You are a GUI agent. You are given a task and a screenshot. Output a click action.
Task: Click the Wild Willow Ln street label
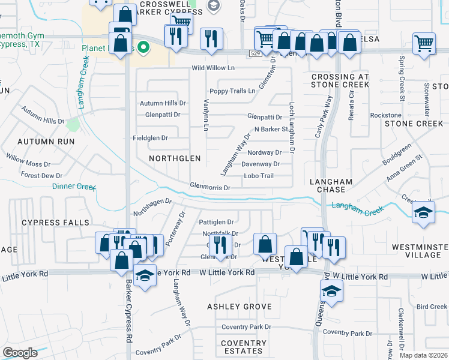(212, 68)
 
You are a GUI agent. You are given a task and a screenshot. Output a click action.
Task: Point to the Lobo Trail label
(259, 176)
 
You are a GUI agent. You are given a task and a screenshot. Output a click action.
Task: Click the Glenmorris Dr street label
(210, 188)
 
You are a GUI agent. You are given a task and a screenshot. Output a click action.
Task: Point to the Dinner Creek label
(74, 187)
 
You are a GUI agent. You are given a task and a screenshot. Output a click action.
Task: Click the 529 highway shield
(255, 53)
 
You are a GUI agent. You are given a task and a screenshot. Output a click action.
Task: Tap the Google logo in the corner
(20, 353)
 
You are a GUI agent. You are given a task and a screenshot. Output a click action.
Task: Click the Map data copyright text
(423, 355)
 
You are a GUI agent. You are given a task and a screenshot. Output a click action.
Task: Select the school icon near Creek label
(424, 213)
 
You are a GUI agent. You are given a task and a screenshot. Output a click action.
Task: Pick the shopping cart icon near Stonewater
(424, 44)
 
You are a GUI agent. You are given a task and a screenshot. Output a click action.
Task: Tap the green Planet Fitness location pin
(143, 46)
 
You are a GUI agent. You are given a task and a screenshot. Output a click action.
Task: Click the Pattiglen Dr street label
(216, 222)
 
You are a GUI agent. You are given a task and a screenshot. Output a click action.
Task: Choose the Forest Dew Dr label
(42, 176)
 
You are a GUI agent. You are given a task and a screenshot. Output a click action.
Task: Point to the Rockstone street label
(385, 115)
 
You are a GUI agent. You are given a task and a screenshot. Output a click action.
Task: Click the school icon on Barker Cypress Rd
(144, 276)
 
